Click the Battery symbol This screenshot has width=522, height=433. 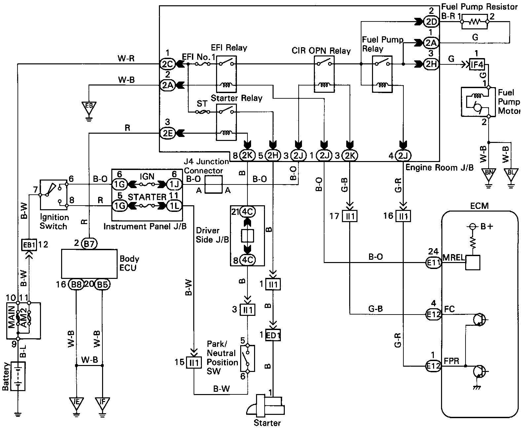pos(19,377)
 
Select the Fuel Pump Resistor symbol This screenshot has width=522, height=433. pos(474,22)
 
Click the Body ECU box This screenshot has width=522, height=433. pos(89,264)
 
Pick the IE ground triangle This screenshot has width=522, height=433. pos(76,403)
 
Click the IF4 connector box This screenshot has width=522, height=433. pos(477,65)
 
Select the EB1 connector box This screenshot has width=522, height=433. pos(29,245)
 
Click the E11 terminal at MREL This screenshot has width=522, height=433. pos(433,262)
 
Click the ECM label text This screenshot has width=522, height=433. pos(479,206)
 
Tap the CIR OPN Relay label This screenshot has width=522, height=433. pos(321,51)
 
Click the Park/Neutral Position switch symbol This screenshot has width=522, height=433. pos(247,358)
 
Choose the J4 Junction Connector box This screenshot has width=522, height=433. pos(213,184)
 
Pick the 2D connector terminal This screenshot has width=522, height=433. pos(431,22)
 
